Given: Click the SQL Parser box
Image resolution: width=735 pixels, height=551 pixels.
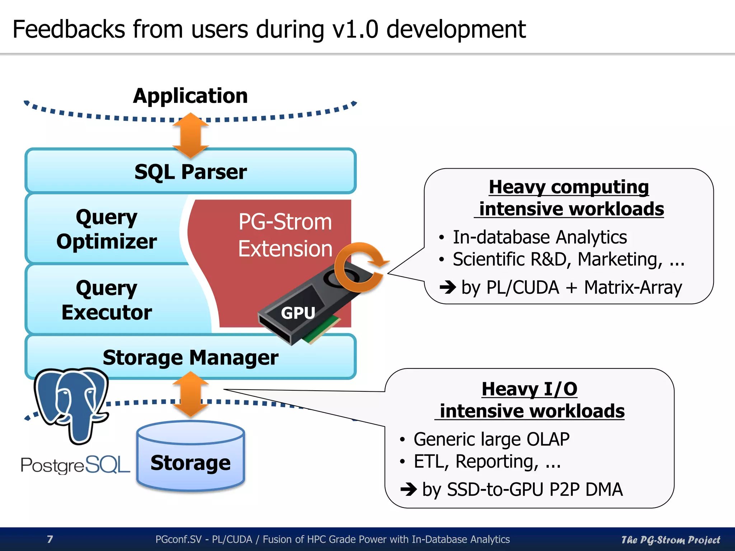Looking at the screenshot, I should (x=190, y=171).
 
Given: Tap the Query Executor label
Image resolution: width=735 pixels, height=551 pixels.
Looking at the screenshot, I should (x=107, y=300).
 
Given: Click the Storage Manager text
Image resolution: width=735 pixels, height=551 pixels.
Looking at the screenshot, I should (x=190, y=357).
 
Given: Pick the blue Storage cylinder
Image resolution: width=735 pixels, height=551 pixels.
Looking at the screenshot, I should (x=190, y=457).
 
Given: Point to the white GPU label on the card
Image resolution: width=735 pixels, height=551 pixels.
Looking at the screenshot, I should (x=298, y=313).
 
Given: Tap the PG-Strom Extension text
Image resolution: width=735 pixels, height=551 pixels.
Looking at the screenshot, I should (x=285, y=235).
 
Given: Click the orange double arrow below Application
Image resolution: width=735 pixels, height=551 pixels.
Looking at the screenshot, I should (x=191, y=136).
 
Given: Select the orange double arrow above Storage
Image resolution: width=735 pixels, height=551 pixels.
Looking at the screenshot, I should (x=191, y=394).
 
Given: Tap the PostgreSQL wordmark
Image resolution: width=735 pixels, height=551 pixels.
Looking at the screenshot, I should (x=75, y=465).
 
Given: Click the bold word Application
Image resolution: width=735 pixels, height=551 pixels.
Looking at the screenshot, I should (x=190, y=96).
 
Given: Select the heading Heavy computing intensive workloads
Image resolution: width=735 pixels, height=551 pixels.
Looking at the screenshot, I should (x=569, y=198).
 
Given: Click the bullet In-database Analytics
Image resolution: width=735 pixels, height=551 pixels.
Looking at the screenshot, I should (x=539, y=237).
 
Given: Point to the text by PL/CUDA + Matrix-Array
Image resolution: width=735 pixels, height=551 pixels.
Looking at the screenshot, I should (x=571, y=287).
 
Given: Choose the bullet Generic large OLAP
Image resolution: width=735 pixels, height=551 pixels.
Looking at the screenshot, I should (x=491, y=439).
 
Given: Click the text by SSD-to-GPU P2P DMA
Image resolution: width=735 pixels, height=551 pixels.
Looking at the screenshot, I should (x=522, y=489).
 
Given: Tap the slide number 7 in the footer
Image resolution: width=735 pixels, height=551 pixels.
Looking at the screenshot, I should (x=50, y=539).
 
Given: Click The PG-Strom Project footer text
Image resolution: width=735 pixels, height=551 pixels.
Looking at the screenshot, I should (x=670, y=540).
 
